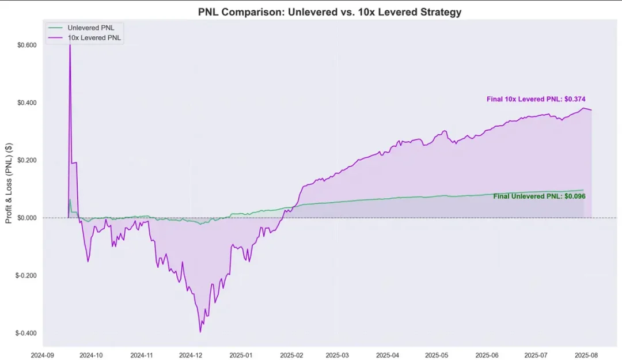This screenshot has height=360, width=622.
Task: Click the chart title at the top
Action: tap(329, 12)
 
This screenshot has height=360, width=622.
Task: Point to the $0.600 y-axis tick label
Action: tap(26, 45)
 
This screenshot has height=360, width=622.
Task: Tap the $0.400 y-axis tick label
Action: tap(26, 103)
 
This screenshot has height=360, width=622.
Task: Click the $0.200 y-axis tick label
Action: tap(26, 160)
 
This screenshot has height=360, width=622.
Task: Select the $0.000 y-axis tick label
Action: tap(26, 218)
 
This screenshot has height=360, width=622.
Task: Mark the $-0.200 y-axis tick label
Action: tap(26, 275)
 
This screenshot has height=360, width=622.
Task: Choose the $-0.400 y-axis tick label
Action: tap(26, 333)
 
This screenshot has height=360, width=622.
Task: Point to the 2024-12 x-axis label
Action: tap(190, 355)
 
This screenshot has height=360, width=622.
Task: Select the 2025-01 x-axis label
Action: tap(241, 355)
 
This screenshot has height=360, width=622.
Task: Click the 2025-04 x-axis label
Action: tap(387, 355)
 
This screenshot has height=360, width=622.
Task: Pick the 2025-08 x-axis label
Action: tap(586, 355)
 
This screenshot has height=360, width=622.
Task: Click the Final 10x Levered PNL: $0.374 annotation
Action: tap(536, 99)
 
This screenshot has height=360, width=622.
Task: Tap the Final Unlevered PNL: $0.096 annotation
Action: tap(539, 196)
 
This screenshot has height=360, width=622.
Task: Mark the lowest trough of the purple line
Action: tap(200, 332)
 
